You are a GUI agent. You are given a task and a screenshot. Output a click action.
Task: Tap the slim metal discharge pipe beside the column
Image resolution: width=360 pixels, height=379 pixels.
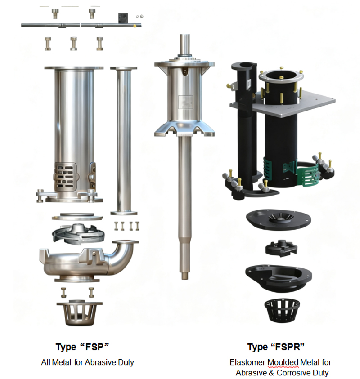(x=124, y=139)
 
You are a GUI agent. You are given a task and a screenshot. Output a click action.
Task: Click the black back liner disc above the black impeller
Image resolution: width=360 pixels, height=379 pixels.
(x=277, y=218)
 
